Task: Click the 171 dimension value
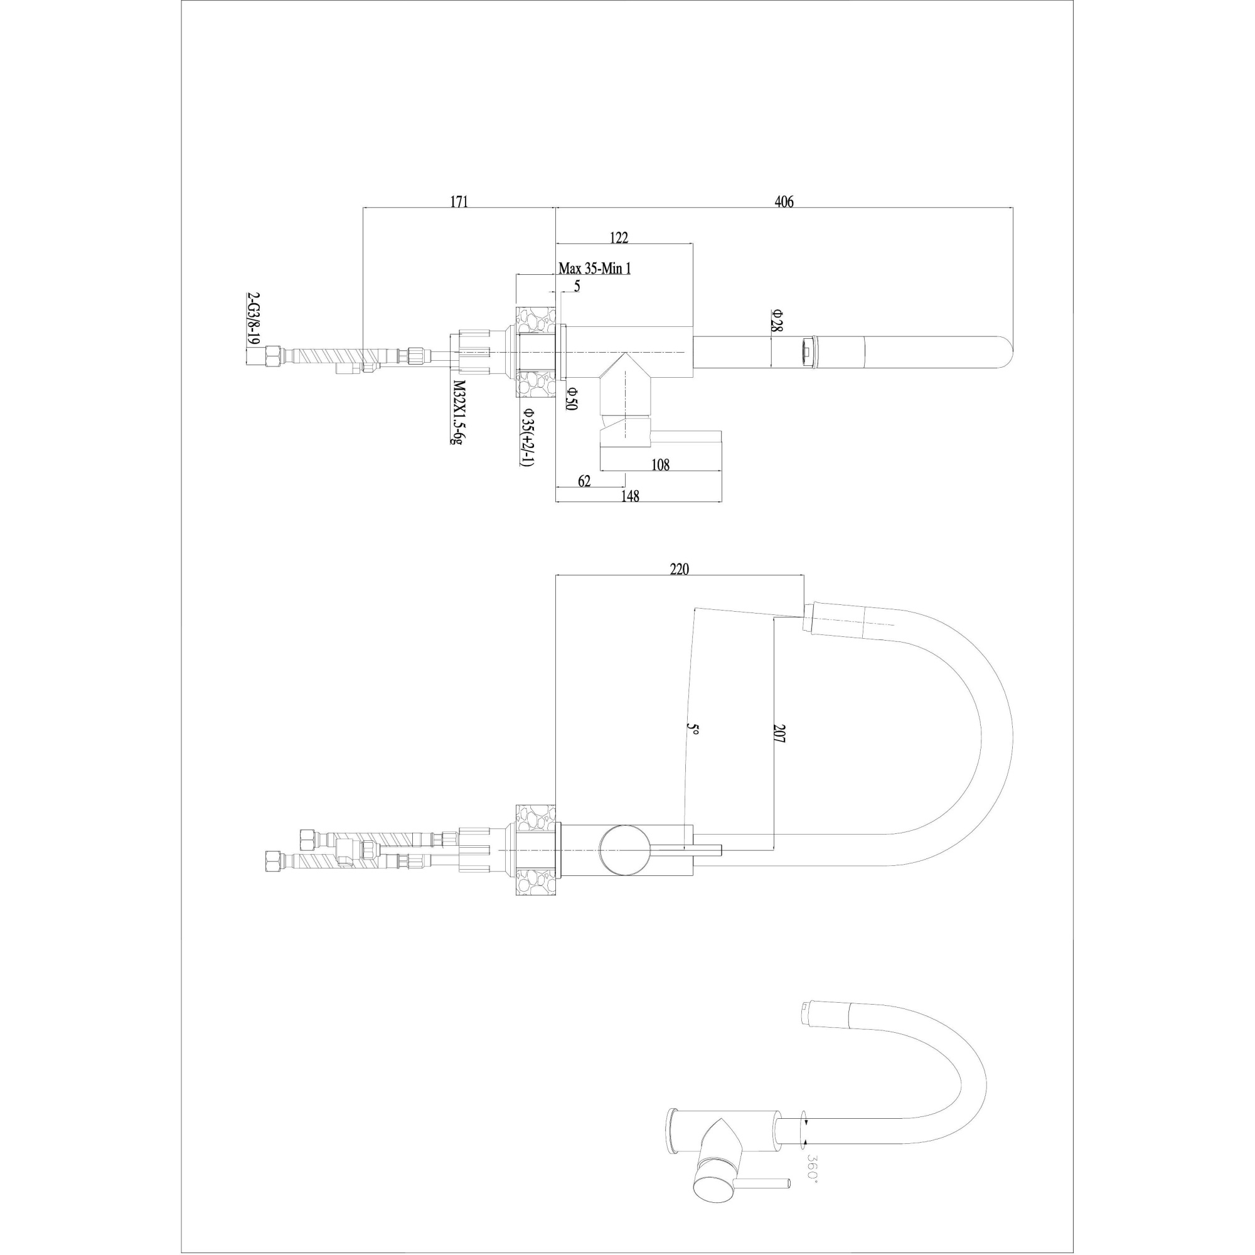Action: tap(459, 201)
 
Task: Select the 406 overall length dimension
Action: tap(784, 201)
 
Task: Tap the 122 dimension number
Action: tap(619, 238)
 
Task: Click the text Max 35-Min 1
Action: tap(594, 269)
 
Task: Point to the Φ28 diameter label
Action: tap(777, 320)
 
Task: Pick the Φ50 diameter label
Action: tap(571, 399)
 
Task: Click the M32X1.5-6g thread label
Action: tap(459, 412)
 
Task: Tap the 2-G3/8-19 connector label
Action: tap(254, 319)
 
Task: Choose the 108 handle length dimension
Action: tap(660, 464)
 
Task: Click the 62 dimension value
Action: tap(584, 481)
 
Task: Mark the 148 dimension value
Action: tap(630, 497)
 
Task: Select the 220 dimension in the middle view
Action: tap(679, 569)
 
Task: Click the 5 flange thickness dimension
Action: tap(577, 286)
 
